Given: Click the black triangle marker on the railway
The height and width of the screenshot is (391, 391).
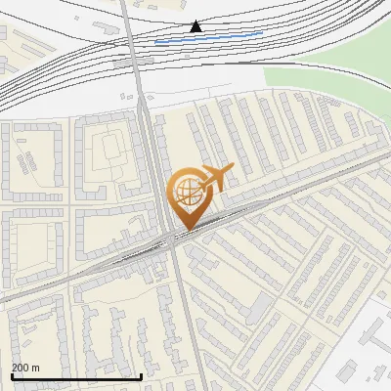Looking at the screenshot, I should point(195,26).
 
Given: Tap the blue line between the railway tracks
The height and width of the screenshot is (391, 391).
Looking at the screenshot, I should point(208,38).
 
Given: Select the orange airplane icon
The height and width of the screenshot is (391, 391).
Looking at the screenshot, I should point(215,178).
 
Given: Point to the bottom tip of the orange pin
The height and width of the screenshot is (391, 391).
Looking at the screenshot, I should point(186,229).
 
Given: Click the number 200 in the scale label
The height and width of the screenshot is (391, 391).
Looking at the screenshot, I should point(21,368).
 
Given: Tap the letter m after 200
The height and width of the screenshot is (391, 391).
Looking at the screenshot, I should point(36,368).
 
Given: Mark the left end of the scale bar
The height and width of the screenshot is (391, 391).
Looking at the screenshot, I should point(12,376).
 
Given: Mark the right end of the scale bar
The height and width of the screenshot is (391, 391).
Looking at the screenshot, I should point(142,376).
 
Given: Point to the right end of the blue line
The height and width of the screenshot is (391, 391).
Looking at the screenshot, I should point(262,33).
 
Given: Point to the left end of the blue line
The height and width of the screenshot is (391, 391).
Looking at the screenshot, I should point(155,42).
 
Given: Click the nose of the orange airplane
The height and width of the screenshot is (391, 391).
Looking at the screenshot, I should point(233,168).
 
